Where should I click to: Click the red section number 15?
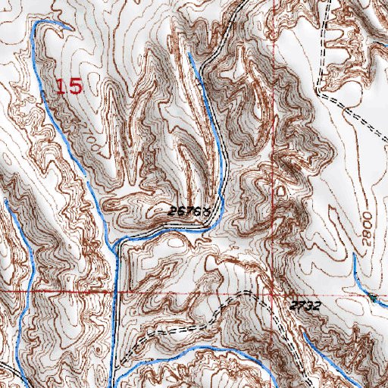(69, 86)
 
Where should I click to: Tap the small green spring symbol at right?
(374, 296)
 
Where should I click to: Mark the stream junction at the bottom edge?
(120, 379)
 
